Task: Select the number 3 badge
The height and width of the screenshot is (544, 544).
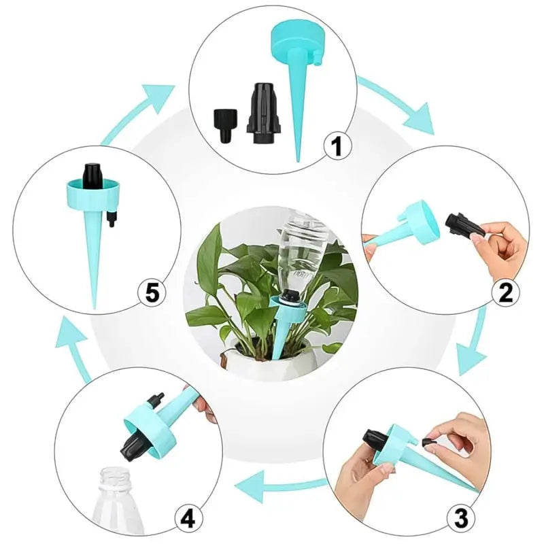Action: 460,519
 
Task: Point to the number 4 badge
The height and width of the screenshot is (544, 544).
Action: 188,519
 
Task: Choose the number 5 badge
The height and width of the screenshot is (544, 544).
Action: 152,292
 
